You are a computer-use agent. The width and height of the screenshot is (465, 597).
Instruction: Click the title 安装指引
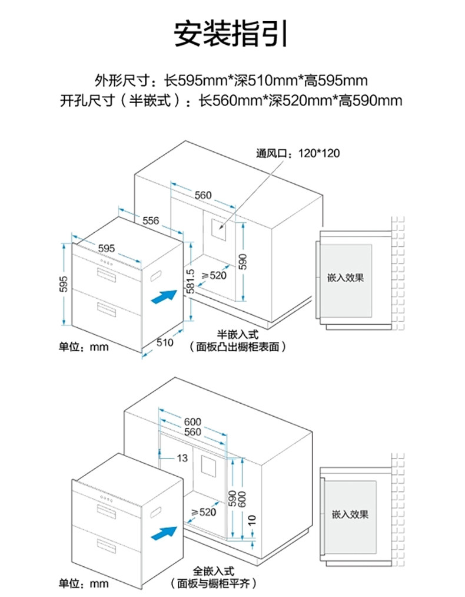click(231, 34)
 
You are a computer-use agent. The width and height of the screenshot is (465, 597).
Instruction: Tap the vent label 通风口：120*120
click(298, 154)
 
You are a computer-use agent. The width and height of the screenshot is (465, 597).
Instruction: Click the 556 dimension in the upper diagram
click(151, 220)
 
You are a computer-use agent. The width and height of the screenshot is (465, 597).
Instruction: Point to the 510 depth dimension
click(164, 342)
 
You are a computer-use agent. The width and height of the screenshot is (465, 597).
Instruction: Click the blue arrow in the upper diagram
click(164, 296)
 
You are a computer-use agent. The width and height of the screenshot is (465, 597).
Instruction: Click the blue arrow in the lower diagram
click(164, 534)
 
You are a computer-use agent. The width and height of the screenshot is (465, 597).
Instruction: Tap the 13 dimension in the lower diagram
click(182, 458)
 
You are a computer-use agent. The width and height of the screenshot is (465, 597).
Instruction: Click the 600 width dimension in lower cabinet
click(192, 422)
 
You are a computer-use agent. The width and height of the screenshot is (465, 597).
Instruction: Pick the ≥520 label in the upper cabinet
click(214, 275)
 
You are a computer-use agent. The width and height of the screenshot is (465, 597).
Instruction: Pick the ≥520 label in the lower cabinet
click(204, 512)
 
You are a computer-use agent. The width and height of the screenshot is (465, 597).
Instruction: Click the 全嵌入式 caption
click(214, 572)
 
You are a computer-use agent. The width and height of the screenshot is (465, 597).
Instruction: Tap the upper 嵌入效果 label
click(346, 278)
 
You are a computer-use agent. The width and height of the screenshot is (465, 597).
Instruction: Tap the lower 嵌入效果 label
click(350, 514)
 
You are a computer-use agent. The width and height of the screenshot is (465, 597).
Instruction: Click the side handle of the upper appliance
click(156, 275)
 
